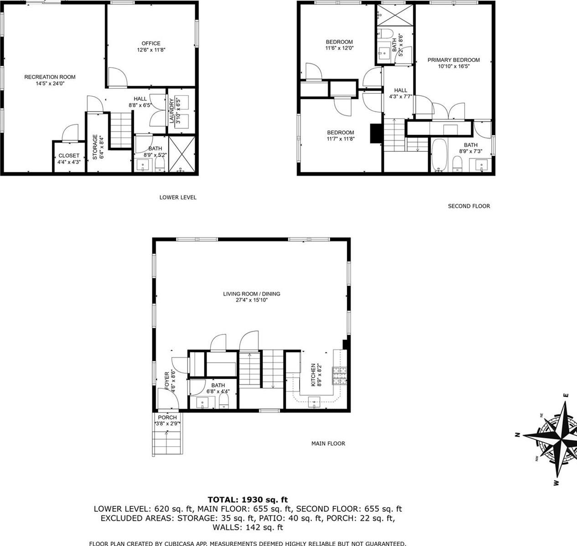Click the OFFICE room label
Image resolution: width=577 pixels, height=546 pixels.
151,44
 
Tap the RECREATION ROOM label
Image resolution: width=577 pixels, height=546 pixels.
50,77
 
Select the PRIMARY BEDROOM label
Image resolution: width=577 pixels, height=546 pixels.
453,60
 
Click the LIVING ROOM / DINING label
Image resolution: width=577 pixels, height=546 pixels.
251,294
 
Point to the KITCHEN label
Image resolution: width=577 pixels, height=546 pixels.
313,375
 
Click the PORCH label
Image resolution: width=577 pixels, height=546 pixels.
167,417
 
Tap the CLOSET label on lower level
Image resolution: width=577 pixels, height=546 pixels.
69,156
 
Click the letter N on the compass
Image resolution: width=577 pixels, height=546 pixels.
518,434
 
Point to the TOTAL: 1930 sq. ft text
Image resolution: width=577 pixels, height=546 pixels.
248,500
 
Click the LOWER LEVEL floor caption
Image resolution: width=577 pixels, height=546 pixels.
178,197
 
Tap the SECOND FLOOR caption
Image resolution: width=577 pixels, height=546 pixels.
469,206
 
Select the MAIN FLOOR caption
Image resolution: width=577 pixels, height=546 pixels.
328,443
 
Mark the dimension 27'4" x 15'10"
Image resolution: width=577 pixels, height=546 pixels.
251,300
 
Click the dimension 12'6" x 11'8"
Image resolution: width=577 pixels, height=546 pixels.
151,50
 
